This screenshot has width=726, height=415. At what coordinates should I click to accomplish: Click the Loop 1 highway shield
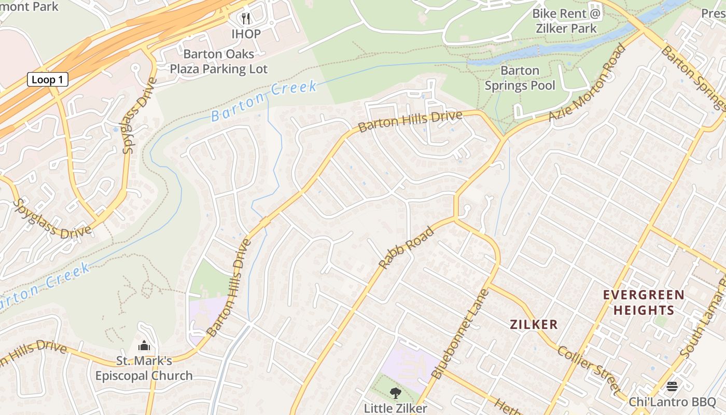pyautogui.click(x=48, y=79)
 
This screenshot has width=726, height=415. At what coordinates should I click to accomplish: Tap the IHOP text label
pyautogui.click(x=246, y=34)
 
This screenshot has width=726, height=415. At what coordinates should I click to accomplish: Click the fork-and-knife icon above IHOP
pyautogui.click(x=246, y=19)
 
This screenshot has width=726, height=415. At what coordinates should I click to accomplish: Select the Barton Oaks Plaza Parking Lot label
pyautogui.click(x=219, y=61)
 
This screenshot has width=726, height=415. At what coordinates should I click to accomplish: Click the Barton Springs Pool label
pyautogui.click(x=520, y=78)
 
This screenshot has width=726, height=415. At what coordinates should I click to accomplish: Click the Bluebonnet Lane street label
pyautogui.click(x=460, y=335)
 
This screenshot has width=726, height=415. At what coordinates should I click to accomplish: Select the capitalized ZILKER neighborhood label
pyautogui.click(x=534, y=325)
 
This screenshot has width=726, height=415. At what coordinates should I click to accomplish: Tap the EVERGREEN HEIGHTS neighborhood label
pyautogui.click(x=643, y=302)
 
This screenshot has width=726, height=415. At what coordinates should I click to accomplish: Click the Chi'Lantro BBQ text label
pyautogui.click(x=672, y=402)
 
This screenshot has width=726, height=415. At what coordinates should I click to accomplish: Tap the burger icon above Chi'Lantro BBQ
pyautogui.click(x=672, y=386)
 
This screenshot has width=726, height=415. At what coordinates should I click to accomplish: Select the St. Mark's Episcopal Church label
pyautogui.click(x=144, y=368)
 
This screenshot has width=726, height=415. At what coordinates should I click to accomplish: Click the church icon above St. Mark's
pyautogui.click(x=144, y=345)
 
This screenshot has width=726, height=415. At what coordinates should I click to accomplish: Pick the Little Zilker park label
pyautogui.click(x=395, y=408)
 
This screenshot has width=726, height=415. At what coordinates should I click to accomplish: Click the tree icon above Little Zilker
pyautogui.click(x=395, y=393)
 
